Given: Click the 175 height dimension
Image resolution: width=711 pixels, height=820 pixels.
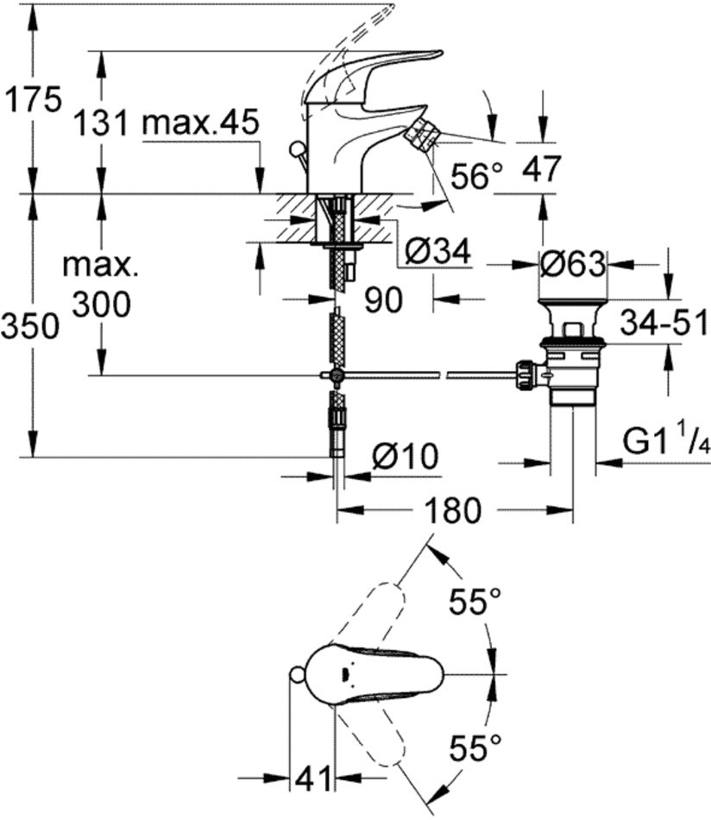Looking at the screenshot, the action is pyautogui.click(x=33, y=99).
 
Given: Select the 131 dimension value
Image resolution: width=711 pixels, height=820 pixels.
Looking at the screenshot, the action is pyautogui.click(x=100, y=124).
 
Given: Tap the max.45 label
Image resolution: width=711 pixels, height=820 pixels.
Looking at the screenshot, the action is pyautogui.click(x=201, y=123).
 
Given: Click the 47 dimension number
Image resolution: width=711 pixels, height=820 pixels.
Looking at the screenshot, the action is pyautogui.click(x=541, y=168).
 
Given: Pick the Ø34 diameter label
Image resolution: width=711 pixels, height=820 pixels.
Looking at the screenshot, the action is pyautogui.click(x=438, y=251).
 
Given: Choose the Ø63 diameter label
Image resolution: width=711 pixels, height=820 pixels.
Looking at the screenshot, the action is pyautogui.click(x=573, y=264).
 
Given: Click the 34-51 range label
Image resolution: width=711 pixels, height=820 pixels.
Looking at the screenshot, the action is pyautogui.click(x=664, y=322).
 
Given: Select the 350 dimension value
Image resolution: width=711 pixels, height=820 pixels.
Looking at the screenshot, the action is pyautogui.click(x=29, y=327).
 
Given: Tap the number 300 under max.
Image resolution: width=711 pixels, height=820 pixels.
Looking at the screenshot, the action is pyautogui.click(x=101, y=305).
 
